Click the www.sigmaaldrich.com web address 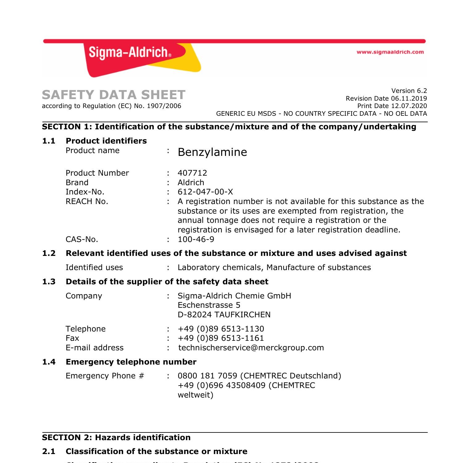(x=390, y=52)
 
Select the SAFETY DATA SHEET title (x=114, y=95)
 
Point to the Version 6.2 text (x=409, y=91)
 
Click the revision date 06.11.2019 (x=409, y=98)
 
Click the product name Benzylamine (x=212, y=152)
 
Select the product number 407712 (x=192, y=173)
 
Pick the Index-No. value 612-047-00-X (x=205, y=192)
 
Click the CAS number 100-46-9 (x=196, y=240)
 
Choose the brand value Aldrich (x=191, y=182)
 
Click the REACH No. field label (x=87, y=202)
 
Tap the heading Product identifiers (x=106, y=141)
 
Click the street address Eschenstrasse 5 (x=209, y=305)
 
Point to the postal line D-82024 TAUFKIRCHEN (x=224, y=315)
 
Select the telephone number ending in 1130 (x=221, y=329)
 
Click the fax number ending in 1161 (x=221, y=338)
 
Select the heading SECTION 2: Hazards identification (x=116, y=438)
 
